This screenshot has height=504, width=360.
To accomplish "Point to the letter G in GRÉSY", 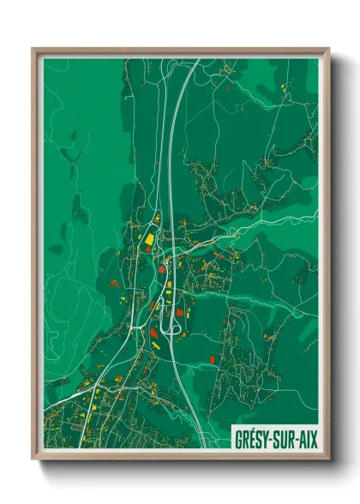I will [238, 439].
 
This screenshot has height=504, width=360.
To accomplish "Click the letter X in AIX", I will [312, 439].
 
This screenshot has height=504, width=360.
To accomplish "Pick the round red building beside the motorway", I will [162, 268].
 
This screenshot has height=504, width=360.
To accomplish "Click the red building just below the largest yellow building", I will [149, 249].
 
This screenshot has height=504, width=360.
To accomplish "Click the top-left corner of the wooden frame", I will [33, 50].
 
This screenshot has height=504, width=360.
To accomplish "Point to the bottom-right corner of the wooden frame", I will [328, 459].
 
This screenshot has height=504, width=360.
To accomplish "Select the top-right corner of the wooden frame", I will [328, 50].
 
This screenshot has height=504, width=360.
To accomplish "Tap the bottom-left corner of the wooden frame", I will [33, 459].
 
